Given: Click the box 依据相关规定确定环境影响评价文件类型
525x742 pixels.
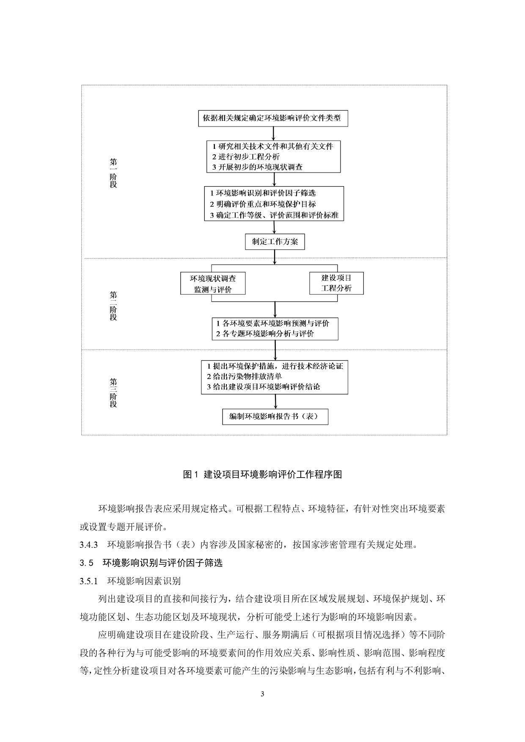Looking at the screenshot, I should [x=273, y=118].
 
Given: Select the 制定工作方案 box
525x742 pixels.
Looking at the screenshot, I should [x=275, y=242].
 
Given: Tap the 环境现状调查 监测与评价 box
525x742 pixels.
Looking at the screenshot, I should [x=213, y=283].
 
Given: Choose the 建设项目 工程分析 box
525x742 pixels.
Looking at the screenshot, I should [x=336, y=283].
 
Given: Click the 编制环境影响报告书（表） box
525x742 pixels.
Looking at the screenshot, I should [x=275, y=416].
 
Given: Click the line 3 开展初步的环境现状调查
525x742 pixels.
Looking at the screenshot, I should [x=257, y=167].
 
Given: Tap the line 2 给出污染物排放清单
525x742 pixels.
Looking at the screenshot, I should [x=244, y=376].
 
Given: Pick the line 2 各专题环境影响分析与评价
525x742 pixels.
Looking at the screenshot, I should [x=265, y=334].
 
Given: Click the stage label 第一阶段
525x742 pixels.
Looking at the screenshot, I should [x=113, y=173].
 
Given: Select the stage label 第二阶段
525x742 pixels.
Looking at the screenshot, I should [x=113, y=306].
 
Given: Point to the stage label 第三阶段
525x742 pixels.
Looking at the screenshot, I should [x=113, y=393].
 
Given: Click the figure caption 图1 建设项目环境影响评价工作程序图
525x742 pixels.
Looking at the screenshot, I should [x=262, y=474].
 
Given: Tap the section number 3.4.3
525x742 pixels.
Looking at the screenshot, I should [x=89, y=544].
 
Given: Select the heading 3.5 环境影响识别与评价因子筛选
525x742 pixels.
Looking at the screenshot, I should [x=151, y=563].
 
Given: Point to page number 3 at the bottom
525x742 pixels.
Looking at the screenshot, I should [x=262, y=694].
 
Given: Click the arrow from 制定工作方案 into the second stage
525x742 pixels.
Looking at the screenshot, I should [x=275, y=257].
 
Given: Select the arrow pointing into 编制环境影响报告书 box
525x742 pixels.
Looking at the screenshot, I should [x=276, y=401].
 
